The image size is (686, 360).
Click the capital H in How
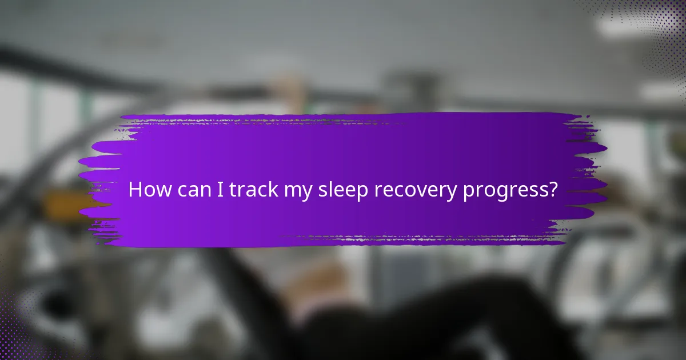tap(135, 190)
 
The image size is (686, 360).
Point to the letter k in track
tap(274, 190)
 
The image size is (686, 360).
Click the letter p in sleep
tap(362, 193)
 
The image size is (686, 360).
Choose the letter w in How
tap(162, 191)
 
